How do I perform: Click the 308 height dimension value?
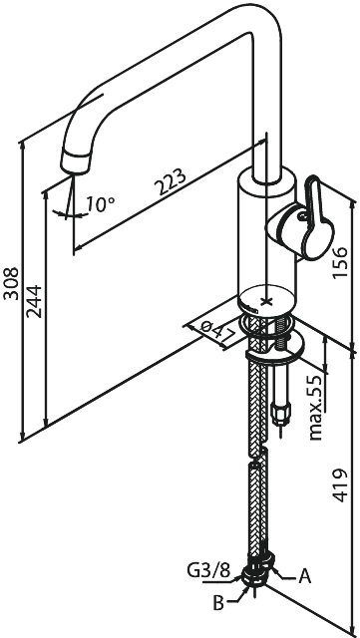click(x=11, y=283)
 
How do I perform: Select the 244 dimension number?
click(x=34, y=301)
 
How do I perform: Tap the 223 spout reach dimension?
click(x=172, y=181)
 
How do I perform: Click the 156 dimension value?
click(x=340, y=262)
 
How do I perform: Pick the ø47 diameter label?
click(x=219, y=331)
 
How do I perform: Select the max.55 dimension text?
click(x=316, y=408)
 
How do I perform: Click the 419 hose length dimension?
click(x=340, y=485)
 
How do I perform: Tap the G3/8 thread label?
click(x=207, y=571)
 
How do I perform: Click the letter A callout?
click(x=304, y=576)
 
